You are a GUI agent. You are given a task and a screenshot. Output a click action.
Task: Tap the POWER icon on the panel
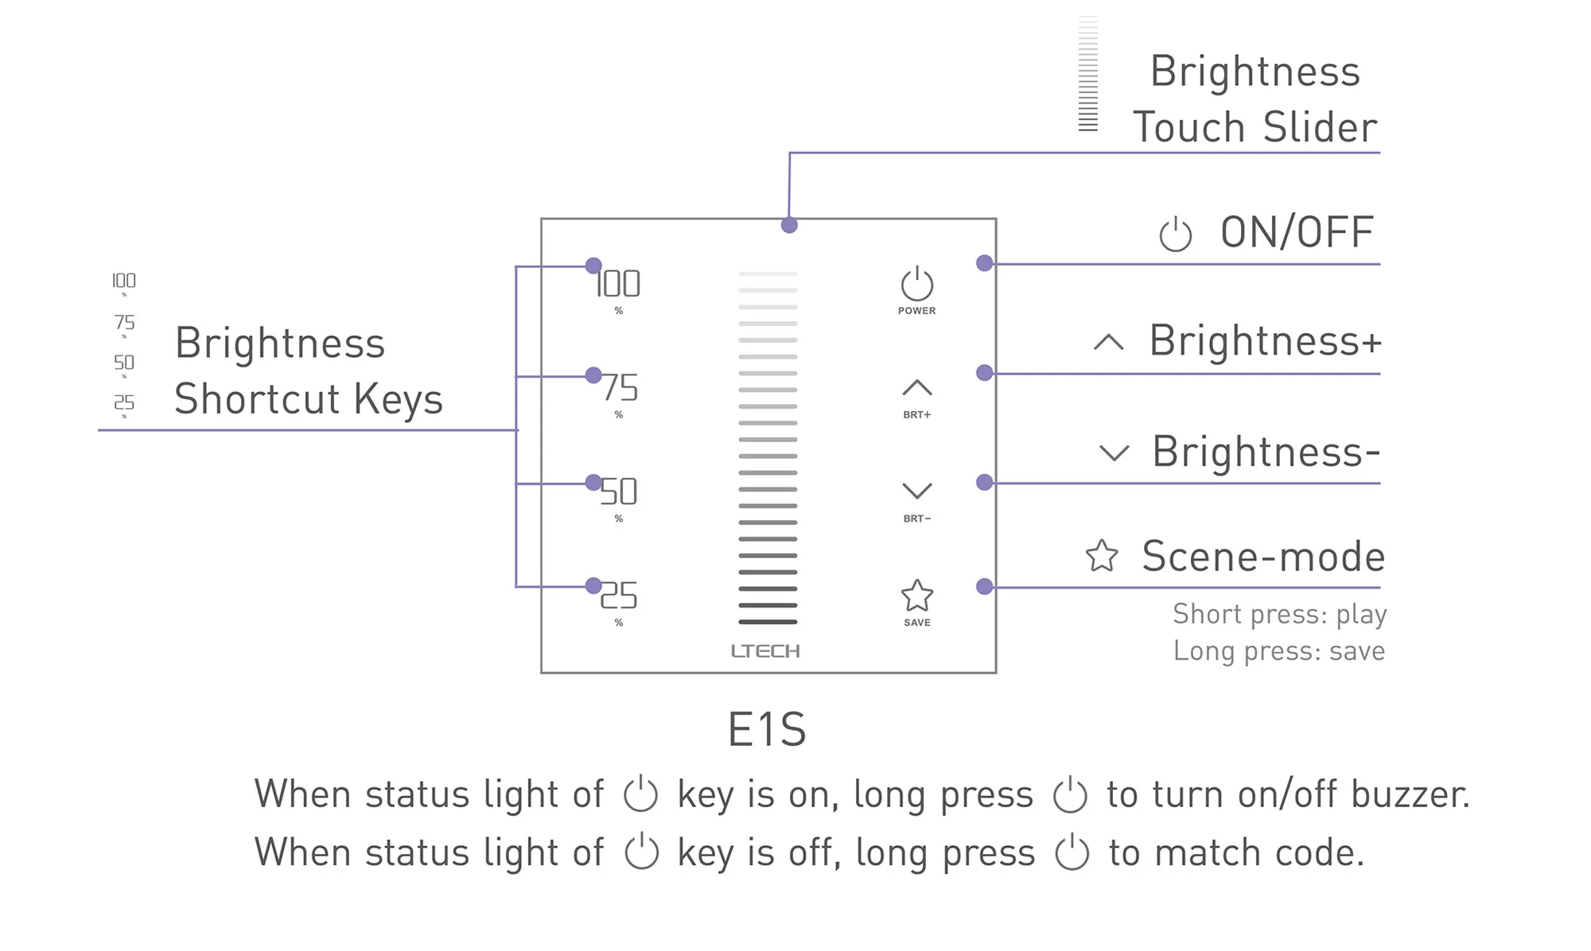click(x=916, y=285)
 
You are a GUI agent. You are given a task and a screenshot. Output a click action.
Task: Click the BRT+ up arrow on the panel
click(x=916, y=388)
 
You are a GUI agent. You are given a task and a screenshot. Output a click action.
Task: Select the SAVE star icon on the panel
click(x=916, y=596)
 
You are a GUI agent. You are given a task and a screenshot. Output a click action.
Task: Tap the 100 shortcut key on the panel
click(x=618, y=284)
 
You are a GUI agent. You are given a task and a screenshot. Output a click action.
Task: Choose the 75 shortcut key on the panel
click(x=619, y=388)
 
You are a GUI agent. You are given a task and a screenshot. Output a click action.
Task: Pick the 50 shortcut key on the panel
click(x=619, y=491)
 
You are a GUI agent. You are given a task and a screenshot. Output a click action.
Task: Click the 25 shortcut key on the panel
click(x=619, y=596)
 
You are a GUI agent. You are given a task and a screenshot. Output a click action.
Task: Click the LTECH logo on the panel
click(x=765, y=651)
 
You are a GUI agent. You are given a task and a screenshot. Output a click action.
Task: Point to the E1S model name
click(x=767, y=729)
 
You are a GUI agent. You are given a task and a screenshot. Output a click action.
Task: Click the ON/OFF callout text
click(x=1297, y=232)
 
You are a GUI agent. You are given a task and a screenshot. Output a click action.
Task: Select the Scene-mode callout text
click(x=1263, y=556)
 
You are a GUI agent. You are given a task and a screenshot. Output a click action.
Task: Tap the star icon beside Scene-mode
click(x=1102, y=556)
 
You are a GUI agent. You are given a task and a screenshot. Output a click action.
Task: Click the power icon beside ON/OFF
click(x=1175, y=235)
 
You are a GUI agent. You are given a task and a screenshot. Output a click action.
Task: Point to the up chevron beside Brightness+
click(x=1108, y=343)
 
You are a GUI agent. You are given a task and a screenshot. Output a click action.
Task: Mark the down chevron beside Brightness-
click(x=1114, y=453)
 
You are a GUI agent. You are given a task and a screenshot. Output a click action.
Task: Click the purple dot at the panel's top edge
click(x=789, y=225)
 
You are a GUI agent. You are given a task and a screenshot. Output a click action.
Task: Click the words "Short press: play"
click(x=1279, y=614)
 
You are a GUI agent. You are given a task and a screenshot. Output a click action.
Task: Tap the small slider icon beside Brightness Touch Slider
click(x=1087, y=74)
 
